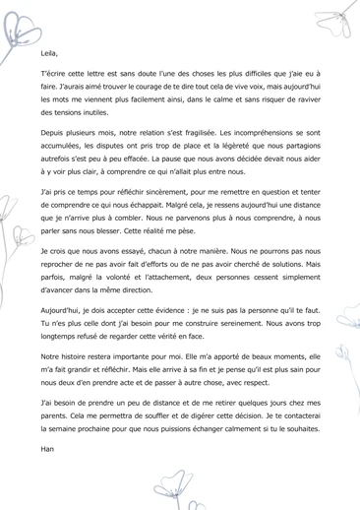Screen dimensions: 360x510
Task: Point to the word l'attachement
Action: (160, 278)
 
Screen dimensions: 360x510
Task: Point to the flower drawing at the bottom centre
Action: (178, 486)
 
